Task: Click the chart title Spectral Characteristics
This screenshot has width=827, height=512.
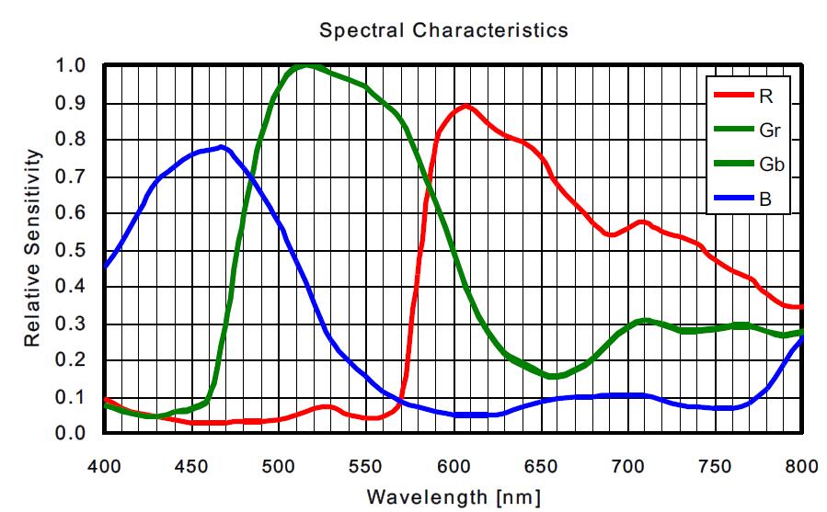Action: click(443, 30)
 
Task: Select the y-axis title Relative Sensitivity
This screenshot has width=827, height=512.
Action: click(32, 249)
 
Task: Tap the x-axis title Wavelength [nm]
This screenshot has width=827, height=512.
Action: click(448, 497)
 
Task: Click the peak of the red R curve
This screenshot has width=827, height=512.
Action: click(466, 106)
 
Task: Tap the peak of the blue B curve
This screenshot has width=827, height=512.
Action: click(222, 146)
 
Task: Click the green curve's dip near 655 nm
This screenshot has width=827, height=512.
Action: click(551, 376)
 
